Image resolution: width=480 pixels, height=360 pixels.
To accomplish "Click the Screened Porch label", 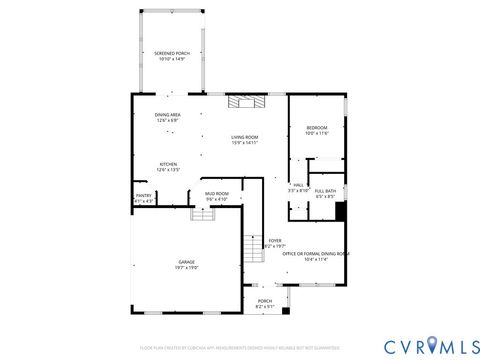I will tap(168, 53).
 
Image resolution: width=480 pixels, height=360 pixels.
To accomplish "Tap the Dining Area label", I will tap(167, 115).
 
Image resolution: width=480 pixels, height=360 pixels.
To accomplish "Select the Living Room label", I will tap(245, 137).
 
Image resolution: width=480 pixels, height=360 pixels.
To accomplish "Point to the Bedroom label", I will tap(317, 128).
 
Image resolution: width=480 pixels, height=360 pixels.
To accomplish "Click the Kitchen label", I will tap(168, 165).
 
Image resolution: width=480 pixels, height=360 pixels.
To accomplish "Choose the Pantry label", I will tap(143, 196).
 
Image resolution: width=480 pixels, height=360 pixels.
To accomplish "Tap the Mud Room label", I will tap(217, 193).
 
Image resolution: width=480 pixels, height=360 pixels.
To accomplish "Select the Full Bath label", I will tap(325, 190).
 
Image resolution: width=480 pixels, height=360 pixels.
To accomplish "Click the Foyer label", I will tap(274, 241).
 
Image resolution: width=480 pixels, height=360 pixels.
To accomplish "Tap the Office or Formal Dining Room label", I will tap(315, 254).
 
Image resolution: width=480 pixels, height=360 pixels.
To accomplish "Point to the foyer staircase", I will tap(254, 249).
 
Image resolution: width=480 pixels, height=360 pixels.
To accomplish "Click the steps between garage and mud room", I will tap(204, 213).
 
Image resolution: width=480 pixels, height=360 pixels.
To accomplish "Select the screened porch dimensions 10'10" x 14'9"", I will tap(168, 59).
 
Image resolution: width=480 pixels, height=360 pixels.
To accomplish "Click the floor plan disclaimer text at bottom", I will tap(240, 347).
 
